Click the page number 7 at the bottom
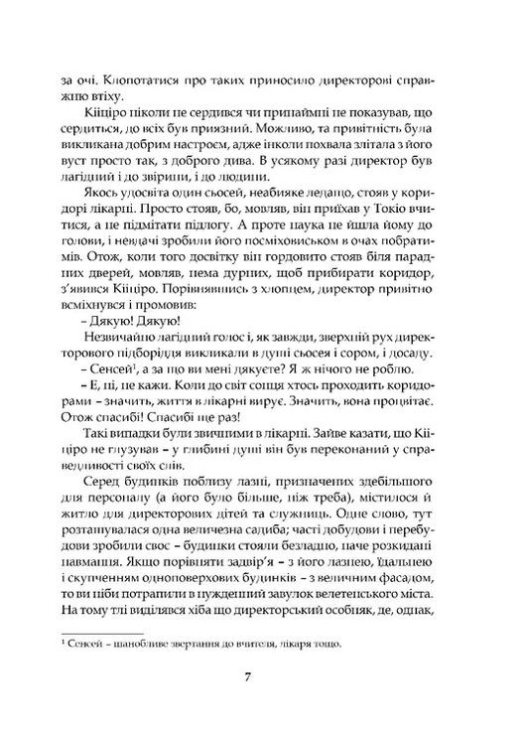[x=262, y=679]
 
